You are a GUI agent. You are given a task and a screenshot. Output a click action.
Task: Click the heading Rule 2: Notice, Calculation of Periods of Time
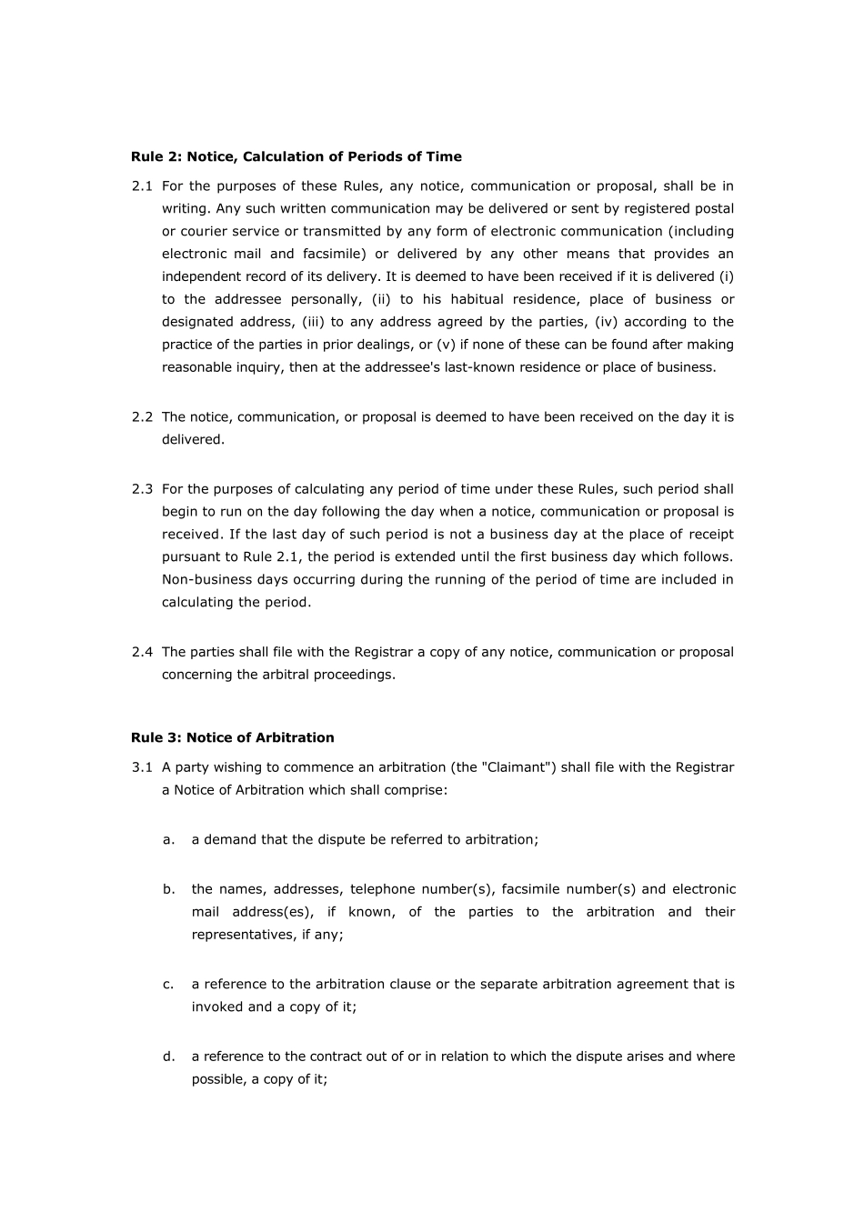pyautogui.click(x=296, y=156)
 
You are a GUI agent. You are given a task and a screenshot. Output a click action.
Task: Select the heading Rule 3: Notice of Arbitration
pyautogui.click(x=232, y=737)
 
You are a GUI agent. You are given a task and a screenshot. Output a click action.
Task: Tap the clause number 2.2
pyautogui.click(x=142, y=417)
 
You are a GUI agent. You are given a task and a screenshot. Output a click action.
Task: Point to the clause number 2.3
pyautogui.click(x=142, y=489)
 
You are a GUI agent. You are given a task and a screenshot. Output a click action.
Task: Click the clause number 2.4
pyautogui.click(x=142, y=652)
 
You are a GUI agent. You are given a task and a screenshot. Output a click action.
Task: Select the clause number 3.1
pyautogui.click(x=142, y=767)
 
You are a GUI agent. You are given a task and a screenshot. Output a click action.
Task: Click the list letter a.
pyautogui.click(x=168, y=839)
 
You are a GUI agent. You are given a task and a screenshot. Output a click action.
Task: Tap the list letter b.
pyautogui.click(x=168, y=889)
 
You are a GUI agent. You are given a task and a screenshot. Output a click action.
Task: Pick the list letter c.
pyautogui.click(x=168, y=984)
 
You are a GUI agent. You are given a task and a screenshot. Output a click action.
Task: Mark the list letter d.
pyautogui.click(x=168, y=1057)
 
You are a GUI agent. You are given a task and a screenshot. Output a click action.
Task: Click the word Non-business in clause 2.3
pyautogui.click(x=205, y=579)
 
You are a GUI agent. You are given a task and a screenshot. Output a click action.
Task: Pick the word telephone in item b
pyautogui.click(x=382, y=889)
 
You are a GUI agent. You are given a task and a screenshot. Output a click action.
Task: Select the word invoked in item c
pyautogui.click(x=217, y=1007)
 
